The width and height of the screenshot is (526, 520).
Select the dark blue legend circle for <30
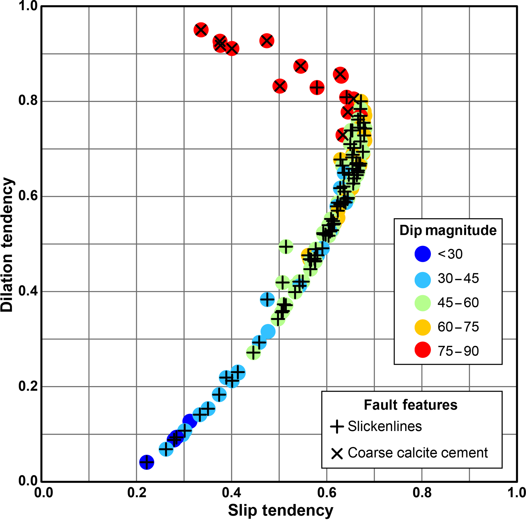pyautogui.click(x=422, y=254)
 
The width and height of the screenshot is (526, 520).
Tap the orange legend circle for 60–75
pyautogui.click(x=422, y=327)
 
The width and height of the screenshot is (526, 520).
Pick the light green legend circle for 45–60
pyautogui.click(x=422, y=303)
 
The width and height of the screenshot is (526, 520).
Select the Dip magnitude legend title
pyautogui.click(x=448, y=230)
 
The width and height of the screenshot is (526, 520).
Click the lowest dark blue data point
pyautogui.click(x=147, y=462)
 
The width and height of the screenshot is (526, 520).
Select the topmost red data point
pyautogui.click(x=201, y=30)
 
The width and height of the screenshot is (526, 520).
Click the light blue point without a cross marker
pyautogui.click(x=268, y=331)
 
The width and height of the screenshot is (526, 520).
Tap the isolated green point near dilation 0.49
pyautogui.click(x=286, y=247)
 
